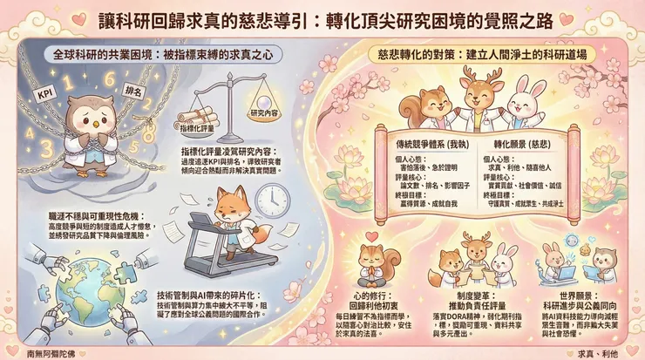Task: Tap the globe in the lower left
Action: pos(64,301)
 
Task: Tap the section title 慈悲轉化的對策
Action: pos(483,54)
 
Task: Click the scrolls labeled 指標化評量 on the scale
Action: pos(201,119)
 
